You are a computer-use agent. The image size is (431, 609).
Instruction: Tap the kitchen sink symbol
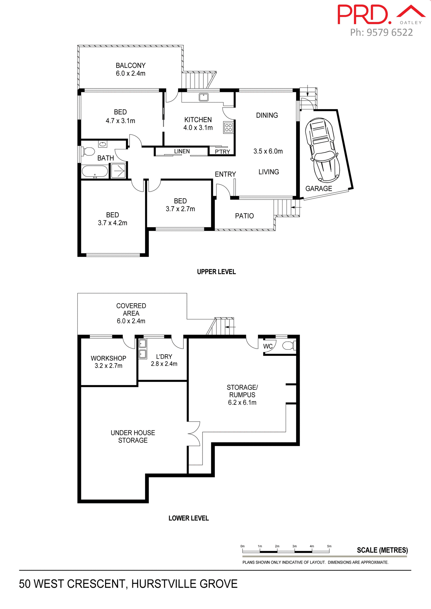point(203,97)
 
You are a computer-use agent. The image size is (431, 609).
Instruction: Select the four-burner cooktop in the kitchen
point(229,128)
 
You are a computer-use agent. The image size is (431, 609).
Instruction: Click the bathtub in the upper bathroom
point(95,172)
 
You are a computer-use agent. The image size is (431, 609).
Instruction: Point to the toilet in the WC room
point(288,345)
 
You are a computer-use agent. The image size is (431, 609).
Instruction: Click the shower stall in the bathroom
point(118,171)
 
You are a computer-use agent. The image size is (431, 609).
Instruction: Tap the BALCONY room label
point(130,66)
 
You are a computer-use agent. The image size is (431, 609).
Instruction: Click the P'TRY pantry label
point(222,152)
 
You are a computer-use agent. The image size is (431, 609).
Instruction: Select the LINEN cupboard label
point(182,151)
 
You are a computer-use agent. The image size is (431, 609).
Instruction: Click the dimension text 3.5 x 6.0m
point(268,151)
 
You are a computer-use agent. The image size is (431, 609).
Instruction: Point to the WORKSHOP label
point(109,358)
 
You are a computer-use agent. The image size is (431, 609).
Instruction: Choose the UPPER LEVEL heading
point(216,272)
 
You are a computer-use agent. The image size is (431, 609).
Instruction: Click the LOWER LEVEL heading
point(189,518)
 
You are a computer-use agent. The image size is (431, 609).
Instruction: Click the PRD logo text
point(364,15)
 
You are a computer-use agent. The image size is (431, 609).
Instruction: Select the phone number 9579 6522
point(389,32)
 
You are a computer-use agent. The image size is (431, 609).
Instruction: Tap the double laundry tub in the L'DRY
point(143,348)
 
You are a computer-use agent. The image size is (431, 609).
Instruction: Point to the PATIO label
point(244,216)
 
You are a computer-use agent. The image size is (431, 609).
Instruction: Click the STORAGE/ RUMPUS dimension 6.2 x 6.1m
point(242,403)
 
